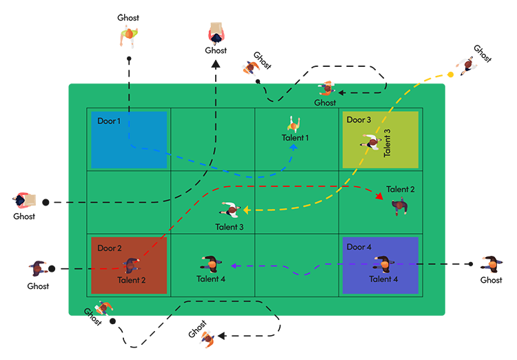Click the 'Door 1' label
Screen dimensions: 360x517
(x=109, y=121)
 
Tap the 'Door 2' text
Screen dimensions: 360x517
(x=110, y=248)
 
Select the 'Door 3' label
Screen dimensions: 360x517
(x=358, y=120)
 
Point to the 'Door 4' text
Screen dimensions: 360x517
(x=359, y=247)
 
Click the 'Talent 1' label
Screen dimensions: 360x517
(x=295, y=138)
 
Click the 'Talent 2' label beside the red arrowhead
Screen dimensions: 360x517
(x=401, y=189)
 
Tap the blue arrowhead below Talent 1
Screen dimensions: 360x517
(x=293, y=146)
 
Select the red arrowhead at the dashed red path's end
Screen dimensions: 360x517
(x=380, y=197)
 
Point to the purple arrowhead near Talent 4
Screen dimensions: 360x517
(x=234, y=265)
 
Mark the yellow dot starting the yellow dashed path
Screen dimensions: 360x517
(x=450, y=73)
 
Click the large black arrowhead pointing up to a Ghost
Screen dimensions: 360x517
(x=216, y=63)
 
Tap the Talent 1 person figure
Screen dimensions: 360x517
(x=294, y=125)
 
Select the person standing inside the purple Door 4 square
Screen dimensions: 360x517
(x=381, y=264)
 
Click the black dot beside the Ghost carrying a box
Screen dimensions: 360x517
(x=45, y=202)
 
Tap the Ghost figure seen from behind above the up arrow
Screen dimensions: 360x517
(x=216, y=32)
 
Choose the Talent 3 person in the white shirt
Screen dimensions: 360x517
(x=230, y=210)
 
